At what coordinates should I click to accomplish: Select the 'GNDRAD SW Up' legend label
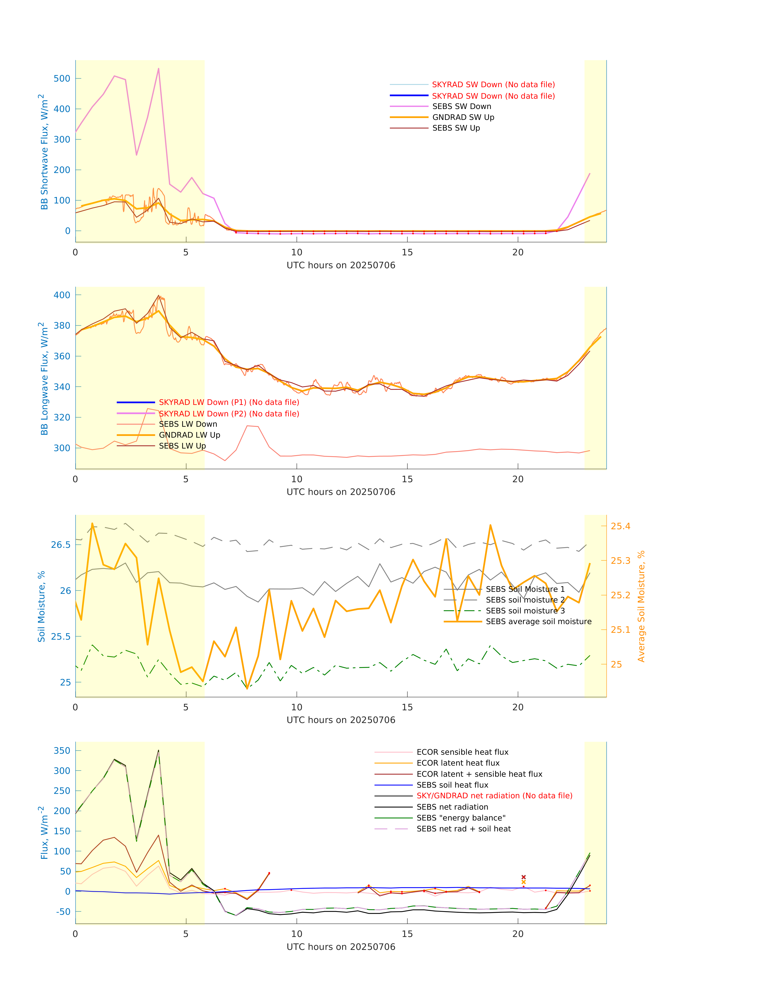(463, 117)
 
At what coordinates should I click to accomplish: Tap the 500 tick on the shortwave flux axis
(62, 79)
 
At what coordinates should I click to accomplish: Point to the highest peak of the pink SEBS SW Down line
(159, 69)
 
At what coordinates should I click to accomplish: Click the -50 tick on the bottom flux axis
(63, 912)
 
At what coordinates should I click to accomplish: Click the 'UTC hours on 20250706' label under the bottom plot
(341, 947)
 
